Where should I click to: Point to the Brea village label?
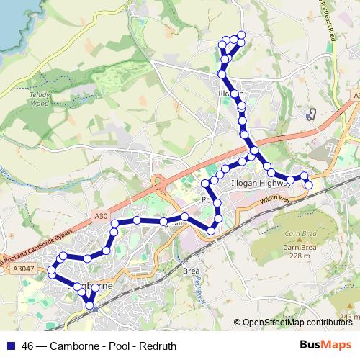[x=191, y=271]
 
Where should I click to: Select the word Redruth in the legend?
[x=159, y=346]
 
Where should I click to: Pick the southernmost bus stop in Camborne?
[x=90, y=306]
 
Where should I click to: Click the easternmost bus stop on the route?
[x=309, y=185]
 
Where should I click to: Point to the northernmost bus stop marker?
[x=241, y=35]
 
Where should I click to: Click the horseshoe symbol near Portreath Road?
[x=312, y=114]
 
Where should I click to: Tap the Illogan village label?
[x=231, y=94]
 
